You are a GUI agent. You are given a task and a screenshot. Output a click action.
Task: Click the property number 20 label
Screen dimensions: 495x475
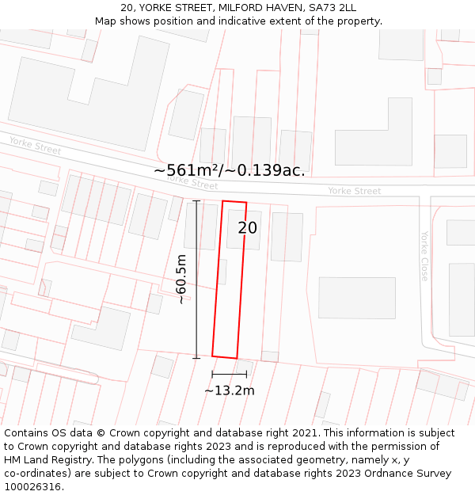(x=248, y=228)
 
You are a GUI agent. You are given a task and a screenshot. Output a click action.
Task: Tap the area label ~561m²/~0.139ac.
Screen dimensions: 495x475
(x=229, y=170)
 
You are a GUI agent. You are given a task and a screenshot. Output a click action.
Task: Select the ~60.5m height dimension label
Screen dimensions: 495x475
(x=182, y=279)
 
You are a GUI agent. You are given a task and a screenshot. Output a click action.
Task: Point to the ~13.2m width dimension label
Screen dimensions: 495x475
(x=230, y=390)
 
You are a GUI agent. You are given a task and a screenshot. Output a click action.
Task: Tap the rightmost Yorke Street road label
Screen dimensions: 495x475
(x=354, y=191)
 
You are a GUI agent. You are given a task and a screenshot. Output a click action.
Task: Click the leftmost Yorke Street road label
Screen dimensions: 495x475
(x=35, y=145)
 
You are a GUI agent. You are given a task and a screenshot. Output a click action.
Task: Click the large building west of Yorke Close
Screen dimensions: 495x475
(x=356, y=297)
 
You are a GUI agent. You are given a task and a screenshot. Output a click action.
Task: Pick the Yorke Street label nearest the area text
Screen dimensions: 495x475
(x=192, y=182)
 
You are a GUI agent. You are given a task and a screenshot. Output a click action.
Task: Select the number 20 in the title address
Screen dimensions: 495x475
(x=127, y=8)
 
